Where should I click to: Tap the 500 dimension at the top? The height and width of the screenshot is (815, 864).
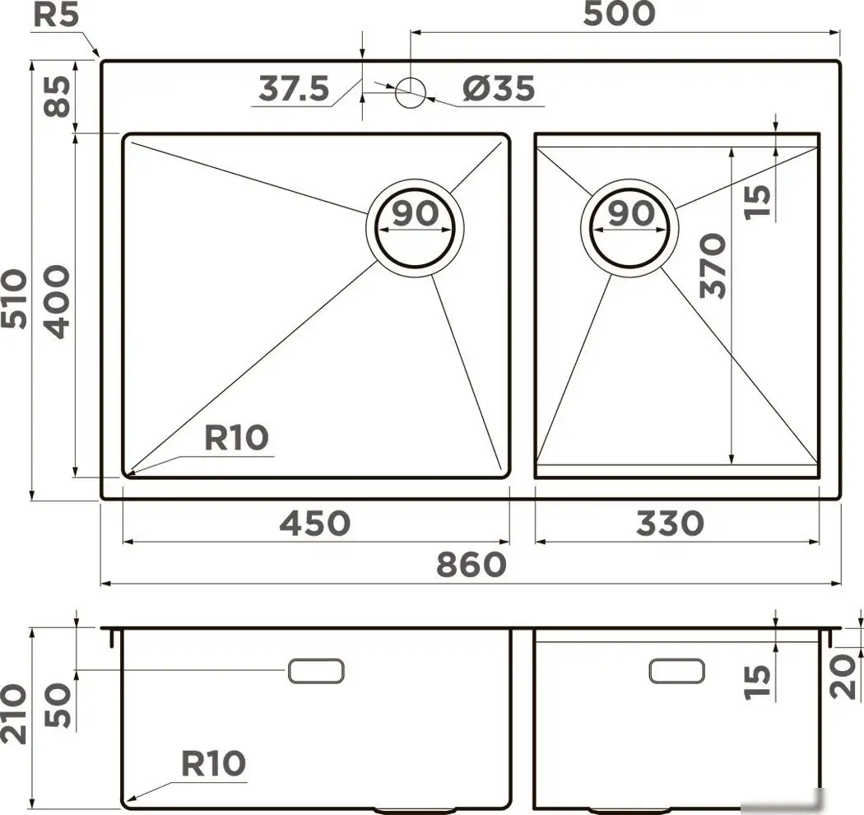pyautogui.click(x=619, y=13)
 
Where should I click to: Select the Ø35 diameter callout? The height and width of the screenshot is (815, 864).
pyautogui.click(x=499, y=88)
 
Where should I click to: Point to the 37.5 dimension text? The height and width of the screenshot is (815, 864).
pyautogui.click(x=294, y=88)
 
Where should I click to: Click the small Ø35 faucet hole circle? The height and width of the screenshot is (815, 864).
pyautogui.click(x=411, y=91)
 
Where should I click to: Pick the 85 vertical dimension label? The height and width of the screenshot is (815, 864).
pyautogui.click(x=58, y=96)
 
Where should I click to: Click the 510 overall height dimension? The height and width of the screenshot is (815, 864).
pyautogui.click(x=14, y=298)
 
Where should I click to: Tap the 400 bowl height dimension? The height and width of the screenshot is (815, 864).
pyautogui.click(x=58, y=301)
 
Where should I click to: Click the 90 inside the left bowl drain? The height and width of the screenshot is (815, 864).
pyautogui.click(x=415, y=213)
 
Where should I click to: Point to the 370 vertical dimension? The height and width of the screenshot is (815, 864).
pyautogui.click(x=713, y=266)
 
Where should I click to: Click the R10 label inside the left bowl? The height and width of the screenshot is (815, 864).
pyautogui.click(x=236, y=438)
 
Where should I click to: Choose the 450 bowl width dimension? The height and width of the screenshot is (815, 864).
pyautogui.click(x=314, y=523)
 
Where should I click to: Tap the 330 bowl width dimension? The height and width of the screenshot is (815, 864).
pyautogui.click(x=670, y=523)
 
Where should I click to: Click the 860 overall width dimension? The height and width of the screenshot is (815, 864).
pyautogui.click(x=471, y=565)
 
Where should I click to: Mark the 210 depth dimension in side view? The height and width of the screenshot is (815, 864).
pyautogui.click(x=14, y=714)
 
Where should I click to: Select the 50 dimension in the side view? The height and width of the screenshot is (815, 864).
pyautogui.click(x=58, y=706)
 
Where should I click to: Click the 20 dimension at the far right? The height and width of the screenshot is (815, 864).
pyautogui.click(x=843, y=678)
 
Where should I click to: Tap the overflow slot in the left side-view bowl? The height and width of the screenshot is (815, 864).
pyautogui.click(x=316, y=671)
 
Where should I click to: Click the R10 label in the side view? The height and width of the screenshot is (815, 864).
pyautogui.click(x=213, y=764)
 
